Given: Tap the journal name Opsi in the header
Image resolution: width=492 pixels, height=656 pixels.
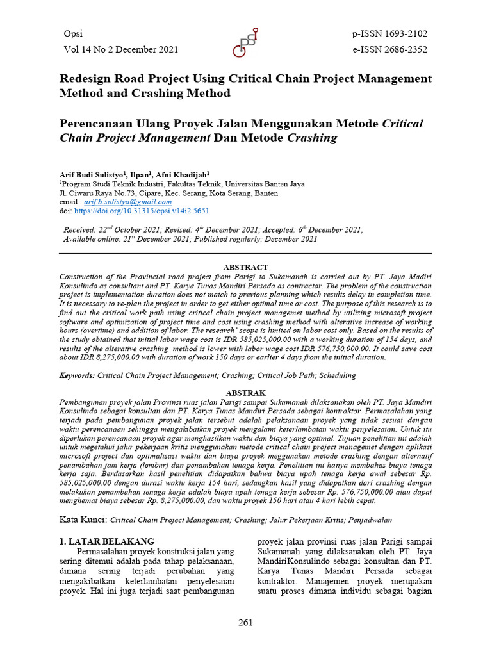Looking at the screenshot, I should (73, 34).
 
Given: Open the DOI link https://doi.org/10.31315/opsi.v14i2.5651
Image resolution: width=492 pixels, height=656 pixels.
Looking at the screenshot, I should (142, 211).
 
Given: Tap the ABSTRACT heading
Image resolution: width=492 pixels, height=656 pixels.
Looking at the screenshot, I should (245, 267).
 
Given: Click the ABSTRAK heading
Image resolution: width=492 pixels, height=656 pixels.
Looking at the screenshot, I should (245, 392).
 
